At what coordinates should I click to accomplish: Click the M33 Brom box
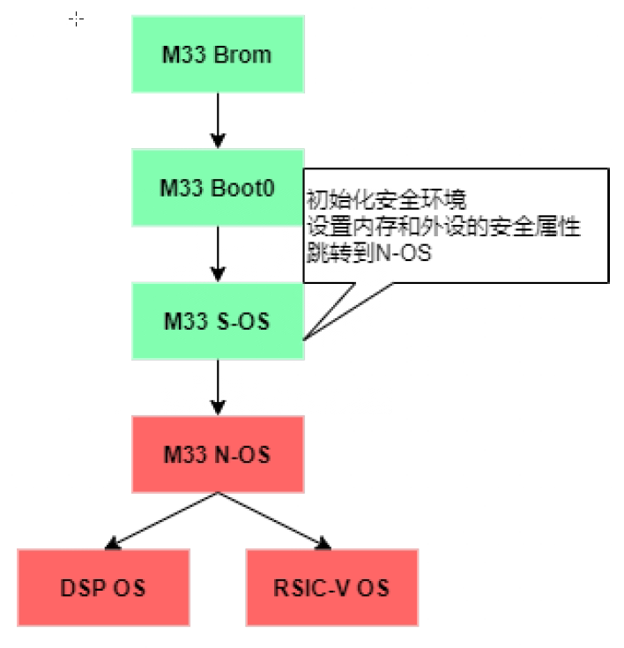point(218,53)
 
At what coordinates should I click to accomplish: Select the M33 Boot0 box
point(218,187)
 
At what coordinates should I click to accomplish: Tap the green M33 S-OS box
point(218,321)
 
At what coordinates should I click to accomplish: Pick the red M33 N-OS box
point(218,454)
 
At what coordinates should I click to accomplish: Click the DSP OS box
point(103,587)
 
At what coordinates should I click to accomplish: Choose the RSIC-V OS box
point(332,587)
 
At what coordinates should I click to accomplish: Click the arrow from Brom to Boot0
point(218,120)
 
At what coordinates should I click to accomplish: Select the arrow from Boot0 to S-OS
point(218,254)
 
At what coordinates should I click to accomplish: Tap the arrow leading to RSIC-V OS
point(276,520)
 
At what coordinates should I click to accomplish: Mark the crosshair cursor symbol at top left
point(77,19)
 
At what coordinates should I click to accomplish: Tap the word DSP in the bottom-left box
point(79,588)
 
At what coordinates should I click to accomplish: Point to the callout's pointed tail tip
point(307,338)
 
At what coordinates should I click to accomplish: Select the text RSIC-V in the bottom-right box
point(312,588)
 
